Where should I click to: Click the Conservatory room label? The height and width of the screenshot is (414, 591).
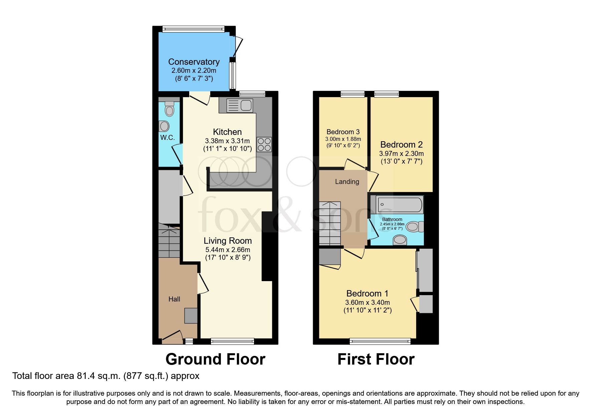pyautogui.click(x=194, y=62)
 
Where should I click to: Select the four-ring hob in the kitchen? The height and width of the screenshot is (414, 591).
pyautogui.click(x=264, y=145)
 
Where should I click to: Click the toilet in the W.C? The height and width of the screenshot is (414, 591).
pyautogui.click(x=170, y=109)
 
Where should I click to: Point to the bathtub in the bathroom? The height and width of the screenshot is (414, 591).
pyautogui.click(x=399, y=204)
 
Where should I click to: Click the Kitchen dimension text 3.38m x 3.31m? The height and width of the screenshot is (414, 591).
pyautogui.click(x=227, y=141)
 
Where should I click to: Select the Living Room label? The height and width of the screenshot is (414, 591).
pyautogui.click(x=228, y=241)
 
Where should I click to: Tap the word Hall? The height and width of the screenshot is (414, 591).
pyautogui.click(x=174, y=299)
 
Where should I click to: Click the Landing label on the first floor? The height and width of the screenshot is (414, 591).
pyautogui.click(x=347, y=182)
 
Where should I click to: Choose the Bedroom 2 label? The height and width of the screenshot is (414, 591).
pyautogui.click(x=401, y=145)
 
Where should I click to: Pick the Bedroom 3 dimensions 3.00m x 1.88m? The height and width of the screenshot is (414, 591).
pyautogui.click(x=343, y=139)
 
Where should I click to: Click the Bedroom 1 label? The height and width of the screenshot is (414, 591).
pyautogui.click(x=367, y=293)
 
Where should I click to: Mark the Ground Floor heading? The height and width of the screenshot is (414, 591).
pyautogui.click(x=215, y=359)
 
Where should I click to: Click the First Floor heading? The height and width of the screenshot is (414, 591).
pyautogui.click(x=376, y=359)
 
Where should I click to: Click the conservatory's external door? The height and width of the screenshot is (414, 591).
pyautogui.click(x=238, y=47)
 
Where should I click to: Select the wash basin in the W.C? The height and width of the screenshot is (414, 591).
pyautogui.click(x=164, y=126)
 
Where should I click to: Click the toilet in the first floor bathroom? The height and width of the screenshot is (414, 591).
pyautogui.click(x=414, y=227)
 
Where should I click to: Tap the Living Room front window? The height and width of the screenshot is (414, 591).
pyautogui.click(x=232, y=341)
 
